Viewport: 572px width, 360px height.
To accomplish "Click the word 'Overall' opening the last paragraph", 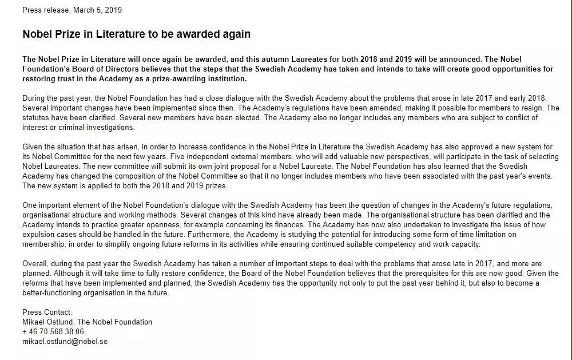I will tap(35, 263).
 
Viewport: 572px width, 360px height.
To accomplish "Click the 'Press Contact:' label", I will tap(47, 312).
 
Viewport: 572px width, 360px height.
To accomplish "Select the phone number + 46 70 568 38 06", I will tap(53, 331).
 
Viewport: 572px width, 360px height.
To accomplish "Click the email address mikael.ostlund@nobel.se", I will tap(65, 341).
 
